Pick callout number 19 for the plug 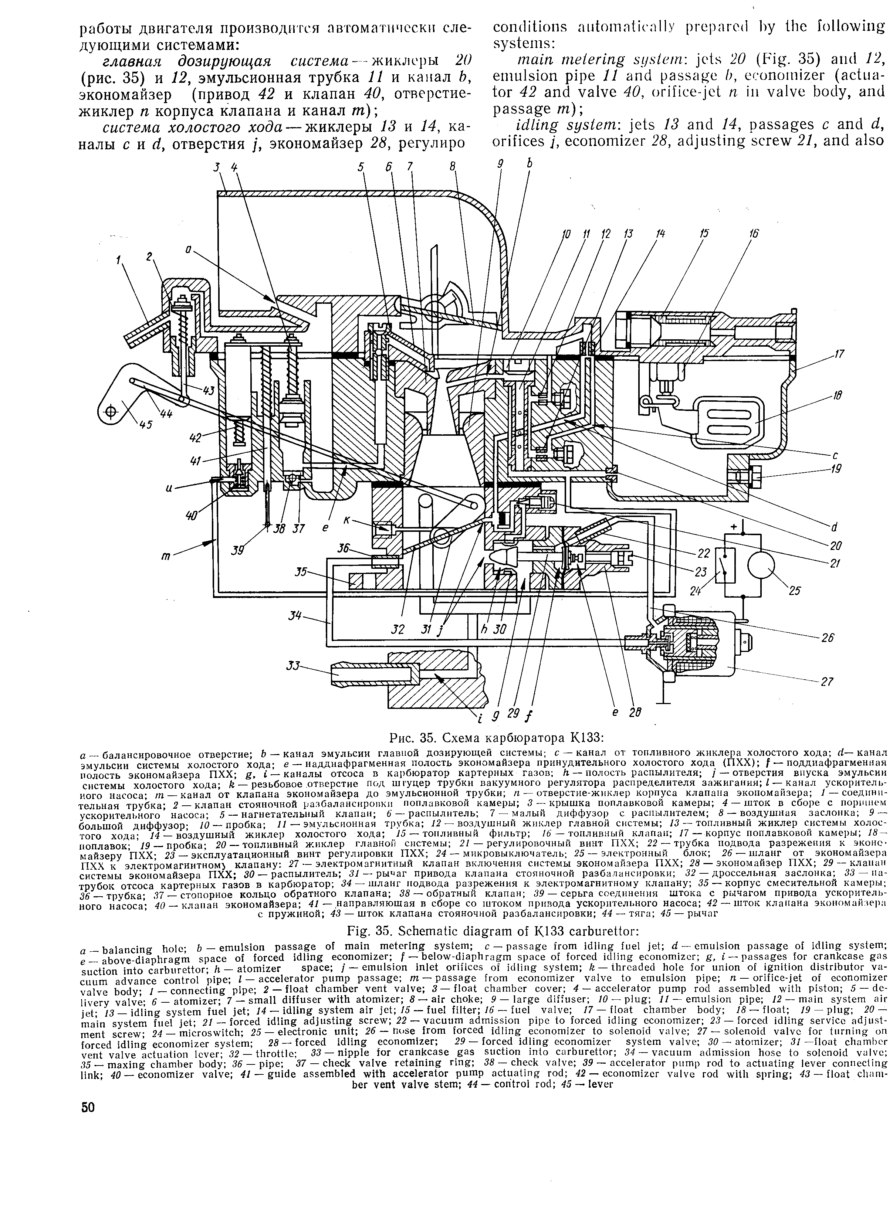point(836,468)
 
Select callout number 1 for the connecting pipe point(118,261)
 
